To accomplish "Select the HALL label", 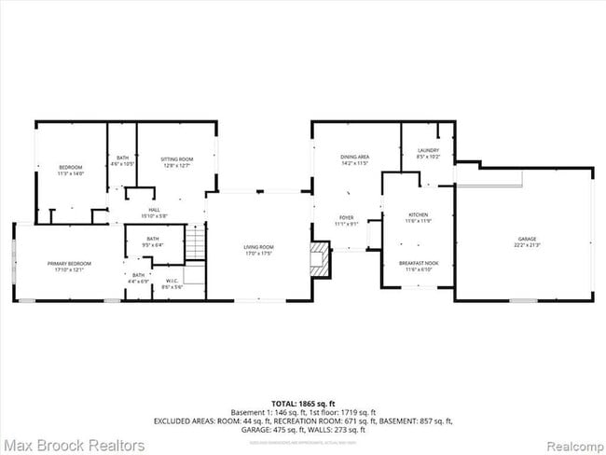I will pos(156,210).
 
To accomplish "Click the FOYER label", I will pos(346,217).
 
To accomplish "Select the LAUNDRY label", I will pos(428,150).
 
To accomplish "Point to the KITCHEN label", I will pos(418,215).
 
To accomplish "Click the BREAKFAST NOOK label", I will pos(419,264).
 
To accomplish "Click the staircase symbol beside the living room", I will pos(194,245).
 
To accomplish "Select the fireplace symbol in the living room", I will pos(321,260).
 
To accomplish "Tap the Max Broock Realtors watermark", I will pos(73,446).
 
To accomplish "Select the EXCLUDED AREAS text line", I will pos(302,421).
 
